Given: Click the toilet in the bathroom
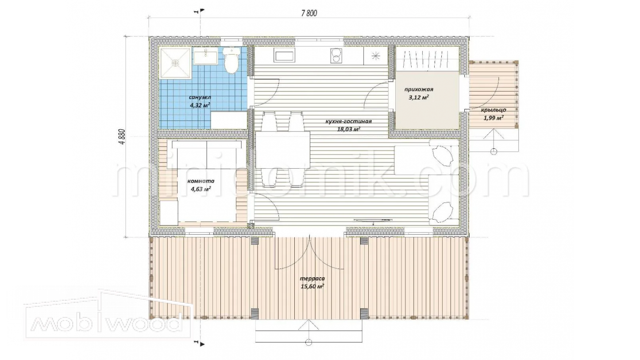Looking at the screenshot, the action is click(x=231, y=60).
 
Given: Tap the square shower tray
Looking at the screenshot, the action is click(x=175, y=63).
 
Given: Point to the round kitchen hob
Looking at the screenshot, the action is click(x=336, y=55).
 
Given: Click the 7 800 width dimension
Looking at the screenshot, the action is click(x=309, y=13).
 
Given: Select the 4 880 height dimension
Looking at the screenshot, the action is click(x=122, y=137).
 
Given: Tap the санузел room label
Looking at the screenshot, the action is click(x=200, y=97).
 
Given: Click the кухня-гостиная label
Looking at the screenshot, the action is click(x=349, y=121).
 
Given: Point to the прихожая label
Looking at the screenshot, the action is click(x=419, y=89).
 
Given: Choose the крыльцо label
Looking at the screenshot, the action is click(x=493, y=110).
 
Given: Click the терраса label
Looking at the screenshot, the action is click(x=312, y=279).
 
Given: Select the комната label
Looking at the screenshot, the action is click(x=201, y=181).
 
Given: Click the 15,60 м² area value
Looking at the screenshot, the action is click(x=312, y=286).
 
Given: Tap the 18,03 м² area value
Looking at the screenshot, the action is click(x=349, y=129).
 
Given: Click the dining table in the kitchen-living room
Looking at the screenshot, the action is click(x=283, y=150).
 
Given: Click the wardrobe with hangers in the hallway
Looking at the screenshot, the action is click(x=427, y=59).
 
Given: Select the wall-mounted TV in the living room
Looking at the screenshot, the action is click(x=372, y=220).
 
